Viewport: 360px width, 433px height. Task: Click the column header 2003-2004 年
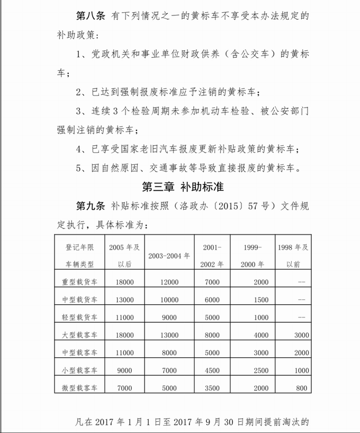(169, 255)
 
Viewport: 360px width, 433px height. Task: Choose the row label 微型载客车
(80, 388)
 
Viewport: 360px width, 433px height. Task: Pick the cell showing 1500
(261, 299)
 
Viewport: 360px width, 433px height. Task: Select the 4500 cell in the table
(212, 370)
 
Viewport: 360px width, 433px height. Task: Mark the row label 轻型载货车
(80, 317)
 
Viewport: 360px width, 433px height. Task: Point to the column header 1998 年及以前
(301, 255)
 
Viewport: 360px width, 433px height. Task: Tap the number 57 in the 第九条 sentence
(247, 206)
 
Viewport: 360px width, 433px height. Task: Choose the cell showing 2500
(261, 370)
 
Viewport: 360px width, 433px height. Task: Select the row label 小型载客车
(80, 370)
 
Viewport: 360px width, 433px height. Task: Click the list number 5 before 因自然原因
(79, 168)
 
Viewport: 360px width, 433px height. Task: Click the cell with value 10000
(169, 299)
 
